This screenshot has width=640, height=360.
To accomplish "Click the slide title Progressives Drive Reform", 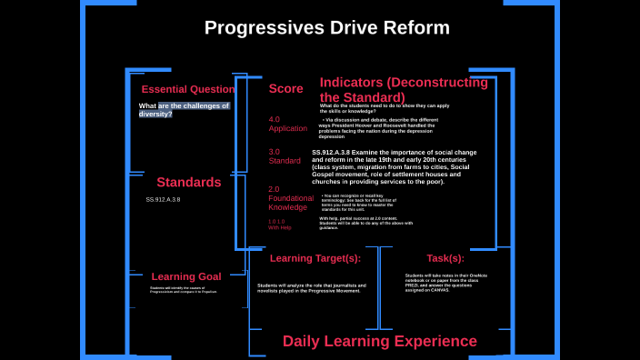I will click(x=326, y=28).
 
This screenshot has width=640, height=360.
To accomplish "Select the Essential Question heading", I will click(x=187, y=89).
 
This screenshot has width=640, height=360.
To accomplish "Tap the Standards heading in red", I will click(x=188, y=182).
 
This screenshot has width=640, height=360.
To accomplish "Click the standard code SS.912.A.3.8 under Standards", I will click(x=163, y=199).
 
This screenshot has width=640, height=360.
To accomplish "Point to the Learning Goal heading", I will click(x=185, y=276).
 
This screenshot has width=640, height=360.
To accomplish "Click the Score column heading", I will click(x=285, y=88).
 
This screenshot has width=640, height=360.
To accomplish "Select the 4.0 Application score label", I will click(x=287, y=124).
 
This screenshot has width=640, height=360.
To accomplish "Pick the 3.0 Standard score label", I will click(x=284, y=156).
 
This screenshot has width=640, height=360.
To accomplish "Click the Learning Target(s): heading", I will click(x=315, y=258).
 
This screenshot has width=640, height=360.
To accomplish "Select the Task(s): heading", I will click(x=445, y=258).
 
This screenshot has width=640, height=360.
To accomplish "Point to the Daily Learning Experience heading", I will click(x=379, y=341).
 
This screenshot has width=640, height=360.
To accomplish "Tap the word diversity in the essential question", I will click(x=155, y=114).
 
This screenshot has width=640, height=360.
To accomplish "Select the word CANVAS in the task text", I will click(x=440, y=290).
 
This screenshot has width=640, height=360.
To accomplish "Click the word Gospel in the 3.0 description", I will click(x=326, y=174).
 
